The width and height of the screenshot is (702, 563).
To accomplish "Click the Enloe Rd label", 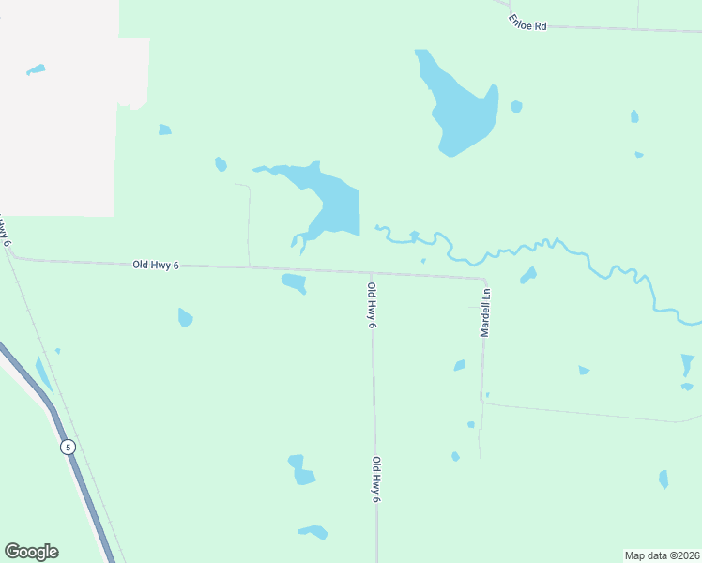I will (527, 23).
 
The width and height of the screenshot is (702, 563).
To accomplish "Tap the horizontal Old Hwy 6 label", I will (156, 266).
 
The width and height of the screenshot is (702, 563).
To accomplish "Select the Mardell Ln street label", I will (485, 312).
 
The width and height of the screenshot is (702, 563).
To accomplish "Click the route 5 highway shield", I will (68, 447).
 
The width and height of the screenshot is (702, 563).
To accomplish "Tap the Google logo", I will (31, 552).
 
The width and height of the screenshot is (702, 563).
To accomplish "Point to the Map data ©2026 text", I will (662, 555).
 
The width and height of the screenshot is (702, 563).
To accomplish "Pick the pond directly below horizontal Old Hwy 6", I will (294, 281).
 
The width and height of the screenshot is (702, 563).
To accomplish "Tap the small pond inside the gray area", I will (36, 69).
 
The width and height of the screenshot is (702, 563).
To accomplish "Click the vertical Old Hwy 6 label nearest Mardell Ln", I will (373, 305).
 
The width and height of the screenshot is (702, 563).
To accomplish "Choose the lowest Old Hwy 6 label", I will (375, 479).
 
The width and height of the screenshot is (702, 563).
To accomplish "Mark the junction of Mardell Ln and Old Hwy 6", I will (484, 279).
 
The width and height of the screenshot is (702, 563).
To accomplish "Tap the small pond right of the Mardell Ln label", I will (528, 275).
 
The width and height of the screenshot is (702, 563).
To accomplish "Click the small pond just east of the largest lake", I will (516, 106).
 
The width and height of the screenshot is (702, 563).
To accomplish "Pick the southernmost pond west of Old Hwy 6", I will (313, 532).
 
